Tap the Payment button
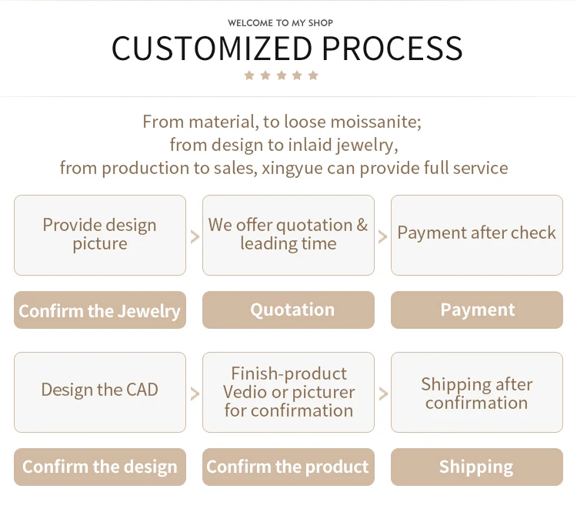tap(477, 310)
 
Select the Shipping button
tap(477, 467)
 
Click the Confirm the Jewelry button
tap(100, 310)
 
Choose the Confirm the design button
tap(100, 467)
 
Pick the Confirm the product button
tap(288, 467)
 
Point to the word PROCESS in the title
tap(392, 49)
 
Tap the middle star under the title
tap(281, 75)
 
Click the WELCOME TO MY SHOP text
tap(281, 23)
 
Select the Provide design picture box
tap(100, 235)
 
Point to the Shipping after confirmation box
tap(477, 393)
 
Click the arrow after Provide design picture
tap(195, 236)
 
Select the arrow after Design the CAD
tap(195, 393)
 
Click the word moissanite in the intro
tap(376, 122)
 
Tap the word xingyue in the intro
tap(293, 168)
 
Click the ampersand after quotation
tap(362, 225)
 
